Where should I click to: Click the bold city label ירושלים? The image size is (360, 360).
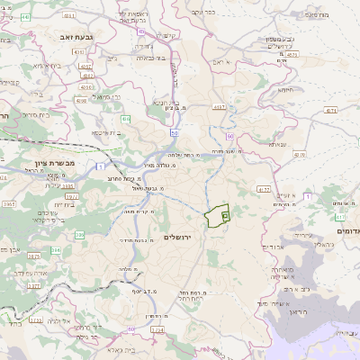179,236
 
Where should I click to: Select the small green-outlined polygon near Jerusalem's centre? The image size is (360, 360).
217,217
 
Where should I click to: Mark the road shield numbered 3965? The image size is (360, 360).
9,205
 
